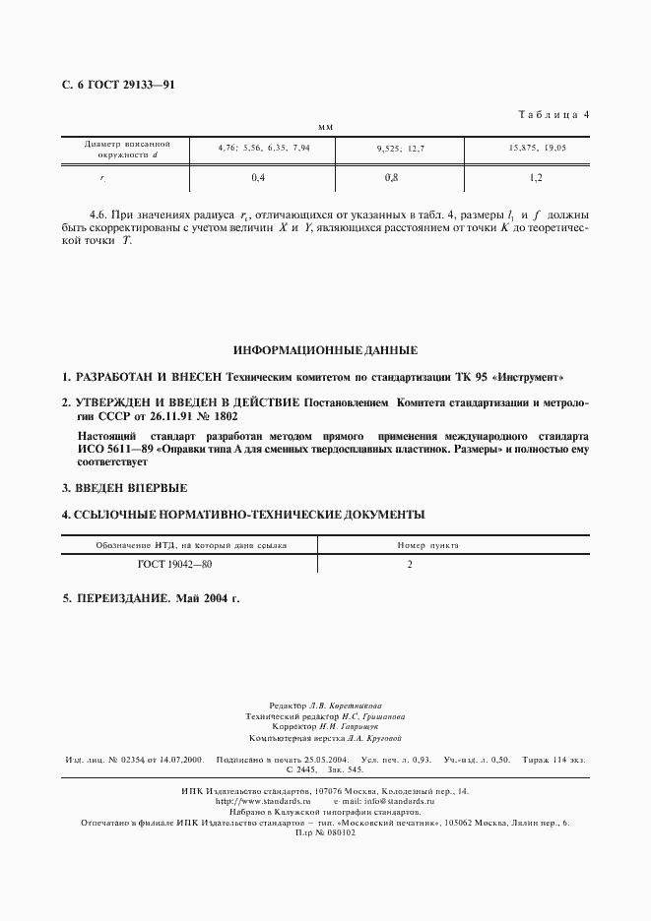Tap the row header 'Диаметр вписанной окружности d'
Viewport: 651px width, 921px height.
[x=122, y=149]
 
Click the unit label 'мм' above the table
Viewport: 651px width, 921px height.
[x=326, y=128]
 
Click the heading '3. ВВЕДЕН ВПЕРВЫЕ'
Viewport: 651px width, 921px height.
[x=125, y=488]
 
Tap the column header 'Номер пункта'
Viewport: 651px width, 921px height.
[x=427, y=544]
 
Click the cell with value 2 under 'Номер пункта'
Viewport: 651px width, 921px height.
[x=409, y=565]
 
